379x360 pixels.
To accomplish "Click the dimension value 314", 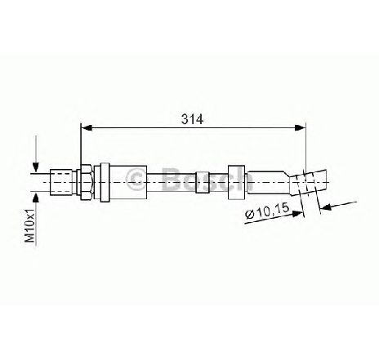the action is point(193,119).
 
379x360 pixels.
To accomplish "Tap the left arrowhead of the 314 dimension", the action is point(87,127).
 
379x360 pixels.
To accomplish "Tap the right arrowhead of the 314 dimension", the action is point(301,127).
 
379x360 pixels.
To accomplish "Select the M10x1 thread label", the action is point(30,225).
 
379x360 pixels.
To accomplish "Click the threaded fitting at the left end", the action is point(61,182).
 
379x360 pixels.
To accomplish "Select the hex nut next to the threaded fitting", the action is point(85,182).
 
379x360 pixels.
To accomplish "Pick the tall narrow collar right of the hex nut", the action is point(105,182).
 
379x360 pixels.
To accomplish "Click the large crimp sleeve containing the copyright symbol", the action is point(128,182).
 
